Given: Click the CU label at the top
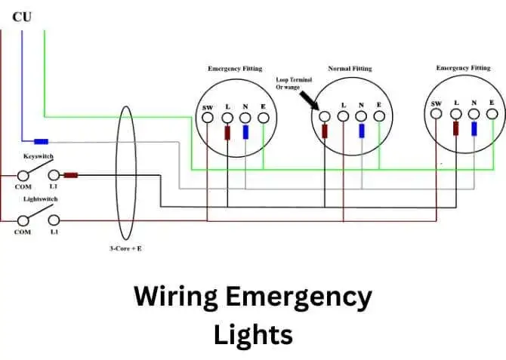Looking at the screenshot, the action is click(x=22, y=17).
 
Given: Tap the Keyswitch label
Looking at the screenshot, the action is click(x=39, y=156).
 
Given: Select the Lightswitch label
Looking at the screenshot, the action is click(x=41, y=199).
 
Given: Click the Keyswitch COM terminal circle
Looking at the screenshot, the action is click(x=23, y=176).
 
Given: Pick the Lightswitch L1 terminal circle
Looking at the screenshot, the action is click(x=54, y=220).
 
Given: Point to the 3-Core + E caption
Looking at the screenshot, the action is click(x=125, y=248).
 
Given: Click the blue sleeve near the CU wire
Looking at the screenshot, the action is click(x=42, y=141).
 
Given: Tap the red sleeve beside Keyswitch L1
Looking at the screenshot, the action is click(x=71, y=175).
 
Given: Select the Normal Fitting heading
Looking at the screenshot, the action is click(x=350, y=69).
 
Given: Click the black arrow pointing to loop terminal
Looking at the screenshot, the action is click(x=309, y=100).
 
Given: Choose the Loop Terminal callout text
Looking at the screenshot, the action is click(x=294, y=83).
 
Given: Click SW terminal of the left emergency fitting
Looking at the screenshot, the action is click(x=208, y=118).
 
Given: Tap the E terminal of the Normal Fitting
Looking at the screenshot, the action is click(x=379, y=116).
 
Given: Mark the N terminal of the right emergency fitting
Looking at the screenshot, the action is click(x=474, y=114).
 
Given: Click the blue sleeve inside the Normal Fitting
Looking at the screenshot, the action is click(x=362, y=131).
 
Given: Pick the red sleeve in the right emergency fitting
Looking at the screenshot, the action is click(x=455, y=128).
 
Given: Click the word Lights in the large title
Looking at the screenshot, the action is click(x=253, y=335).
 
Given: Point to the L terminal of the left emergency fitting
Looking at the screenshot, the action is click(x=227, y=118).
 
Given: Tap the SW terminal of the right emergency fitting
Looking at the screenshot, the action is click(x=437, y=113).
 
